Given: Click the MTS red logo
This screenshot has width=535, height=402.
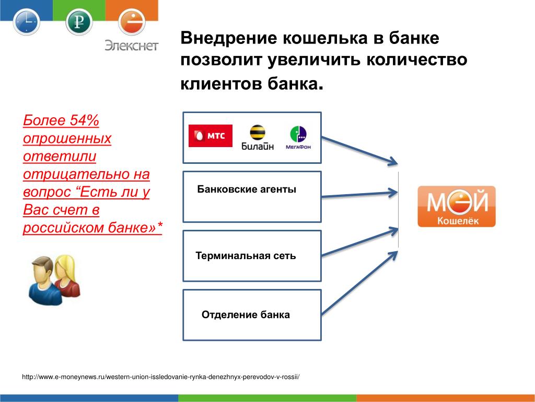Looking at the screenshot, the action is (211, 136).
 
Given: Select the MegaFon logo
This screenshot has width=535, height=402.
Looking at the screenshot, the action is (298, 138).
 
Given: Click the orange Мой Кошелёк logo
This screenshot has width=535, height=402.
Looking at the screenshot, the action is (457, 206).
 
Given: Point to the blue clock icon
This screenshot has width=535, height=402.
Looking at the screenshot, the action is (27, 22).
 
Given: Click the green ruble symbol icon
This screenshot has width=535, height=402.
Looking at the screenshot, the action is (79, 22).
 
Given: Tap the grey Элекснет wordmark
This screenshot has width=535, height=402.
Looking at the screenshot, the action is (131, 46).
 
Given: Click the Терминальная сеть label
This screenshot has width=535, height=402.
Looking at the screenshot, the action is (246, 255).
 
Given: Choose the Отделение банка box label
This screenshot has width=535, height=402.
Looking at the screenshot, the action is (246, 315).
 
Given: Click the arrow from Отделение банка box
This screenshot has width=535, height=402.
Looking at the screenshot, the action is (359, 283).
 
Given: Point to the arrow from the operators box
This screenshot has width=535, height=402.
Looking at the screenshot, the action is (359, 151).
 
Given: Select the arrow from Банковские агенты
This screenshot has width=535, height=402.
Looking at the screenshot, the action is (359, 195).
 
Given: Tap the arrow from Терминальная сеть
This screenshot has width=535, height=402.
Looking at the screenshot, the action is (359, 242).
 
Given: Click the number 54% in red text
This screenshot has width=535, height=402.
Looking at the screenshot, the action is (84, 120).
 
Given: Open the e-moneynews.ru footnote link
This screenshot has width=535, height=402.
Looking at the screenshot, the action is (161, 377).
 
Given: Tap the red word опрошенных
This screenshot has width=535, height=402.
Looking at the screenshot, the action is (67, 139).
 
